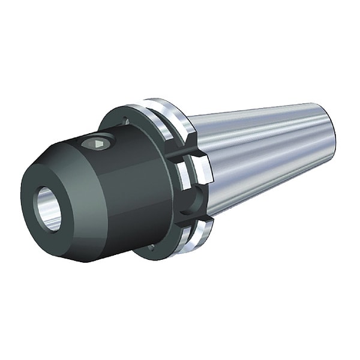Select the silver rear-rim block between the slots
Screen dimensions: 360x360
[201, 171]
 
